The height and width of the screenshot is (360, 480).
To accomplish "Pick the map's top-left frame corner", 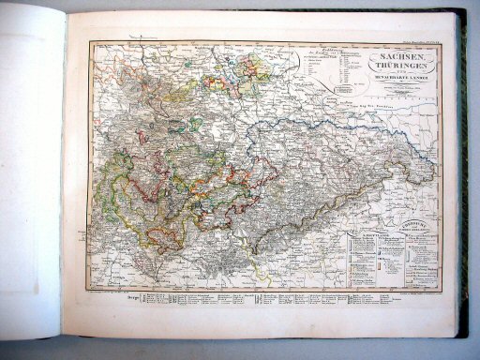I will [90, 42].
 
